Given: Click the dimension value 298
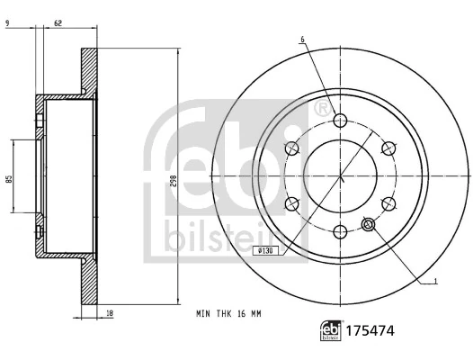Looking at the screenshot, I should click(x=172, y=181).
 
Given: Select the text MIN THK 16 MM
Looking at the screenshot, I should click(x=228, y=314).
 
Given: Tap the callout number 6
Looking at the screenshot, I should click(x=303, y=39).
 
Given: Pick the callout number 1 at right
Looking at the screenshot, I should click(x=436, y=281).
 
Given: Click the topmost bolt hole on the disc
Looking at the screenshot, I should click(x=341, y=121).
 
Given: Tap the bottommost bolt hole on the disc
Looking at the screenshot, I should click(x=341, y=231).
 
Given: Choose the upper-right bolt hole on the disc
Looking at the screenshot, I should click(x=388, y=148).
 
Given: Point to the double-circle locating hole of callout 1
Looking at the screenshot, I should click(x=367, y=225).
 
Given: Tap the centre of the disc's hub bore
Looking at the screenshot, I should click(x=341, y=176).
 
